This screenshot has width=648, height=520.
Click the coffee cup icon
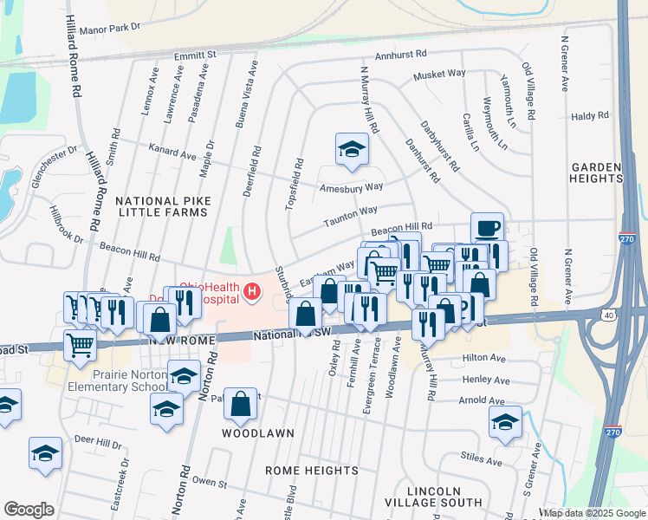click(x=487, y=228)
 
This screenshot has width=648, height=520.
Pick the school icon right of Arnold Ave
click(x=504, y=422)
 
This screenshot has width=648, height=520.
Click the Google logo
click(x=29, y=510)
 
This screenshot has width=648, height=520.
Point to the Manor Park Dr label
click(x=109, y=29)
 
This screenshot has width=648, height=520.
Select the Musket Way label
click(x=439, y=75)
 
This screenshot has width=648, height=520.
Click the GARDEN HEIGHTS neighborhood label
click(x=596, y=172)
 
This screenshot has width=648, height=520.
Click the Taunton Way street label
click(x=351, y=211)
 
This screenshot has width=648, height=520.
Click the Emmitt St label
click(x=195, y=55)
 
